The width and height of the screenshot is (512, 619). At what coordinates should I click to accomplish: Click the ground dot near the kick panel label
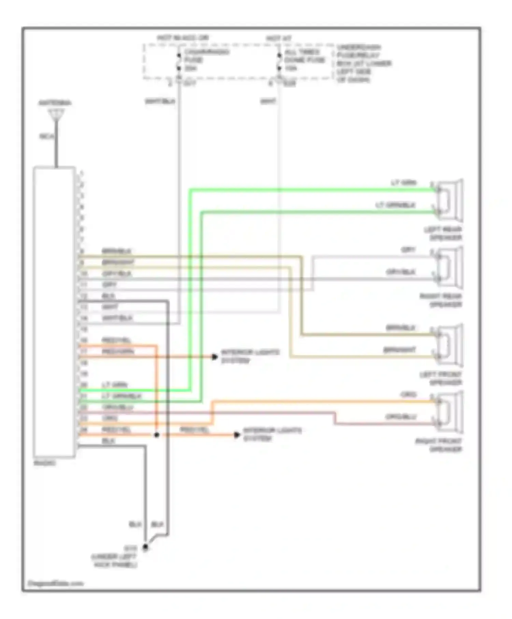[145, 547]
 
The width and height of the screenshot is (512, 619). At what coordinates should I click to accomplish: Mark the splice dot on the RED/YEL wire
[157, 435]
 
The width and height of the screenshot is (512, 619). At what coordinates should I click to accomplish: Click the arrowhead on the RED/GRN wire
[215, 357]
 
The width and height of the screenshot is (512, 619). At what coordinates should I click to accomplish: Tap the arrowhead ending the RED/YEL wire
[237, 435]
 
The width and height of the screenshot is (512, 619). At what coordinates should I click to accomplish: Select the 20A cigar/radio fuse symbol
[179, 61]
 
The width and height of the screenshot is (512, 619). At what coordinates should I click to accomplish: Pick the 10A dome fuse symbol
[279, 61]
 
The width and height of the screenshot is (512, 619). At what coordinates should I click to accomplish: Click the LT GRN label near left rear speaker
[403, 183]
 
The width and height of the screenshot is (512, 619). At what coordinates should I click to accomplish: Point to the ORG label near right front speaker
[408, 395]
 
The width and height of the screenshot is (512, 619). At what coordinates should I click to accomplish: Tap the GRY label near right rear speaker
[408, 250]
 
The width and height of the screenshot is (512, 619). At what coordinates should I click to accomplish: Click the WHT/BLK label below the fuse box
[160, 101]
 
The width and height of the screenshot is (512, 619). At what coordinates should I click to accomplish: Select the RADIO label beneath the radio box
[45, 463]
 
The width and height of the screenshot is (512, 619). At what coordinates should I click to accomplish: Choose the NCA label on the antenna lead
[47, 136]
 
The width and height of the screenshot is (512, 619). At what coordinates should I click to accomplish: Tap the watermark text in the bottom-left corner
[55, 583]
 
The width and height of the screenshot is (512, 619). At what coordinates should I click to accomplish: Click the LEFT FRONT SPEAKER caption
[441, 378]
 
